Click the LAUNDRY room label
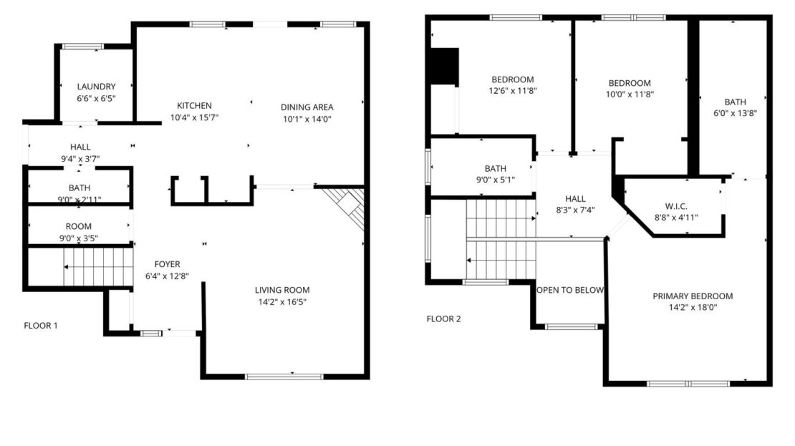(x=96, y=87)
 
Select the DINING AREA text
(x=307, y=107)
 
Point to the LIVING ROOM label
(x=282, y=290)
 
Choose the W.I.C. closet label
(x=676, y=206)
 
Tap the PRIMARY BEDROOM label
(x=693, y=296)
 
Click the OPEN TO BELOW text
(x=570, y=290)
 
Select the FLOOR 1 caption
(x=41, y=325)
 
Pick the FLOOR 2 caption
(x=444, y=319)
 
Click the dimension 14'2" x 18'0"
(x=693, y=307)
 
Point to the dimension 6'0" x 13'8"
(x=735, y=112)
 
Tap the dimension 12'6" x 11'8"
(x=512, y=91)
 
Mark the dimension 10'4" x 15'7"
(x=194, y=117)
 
